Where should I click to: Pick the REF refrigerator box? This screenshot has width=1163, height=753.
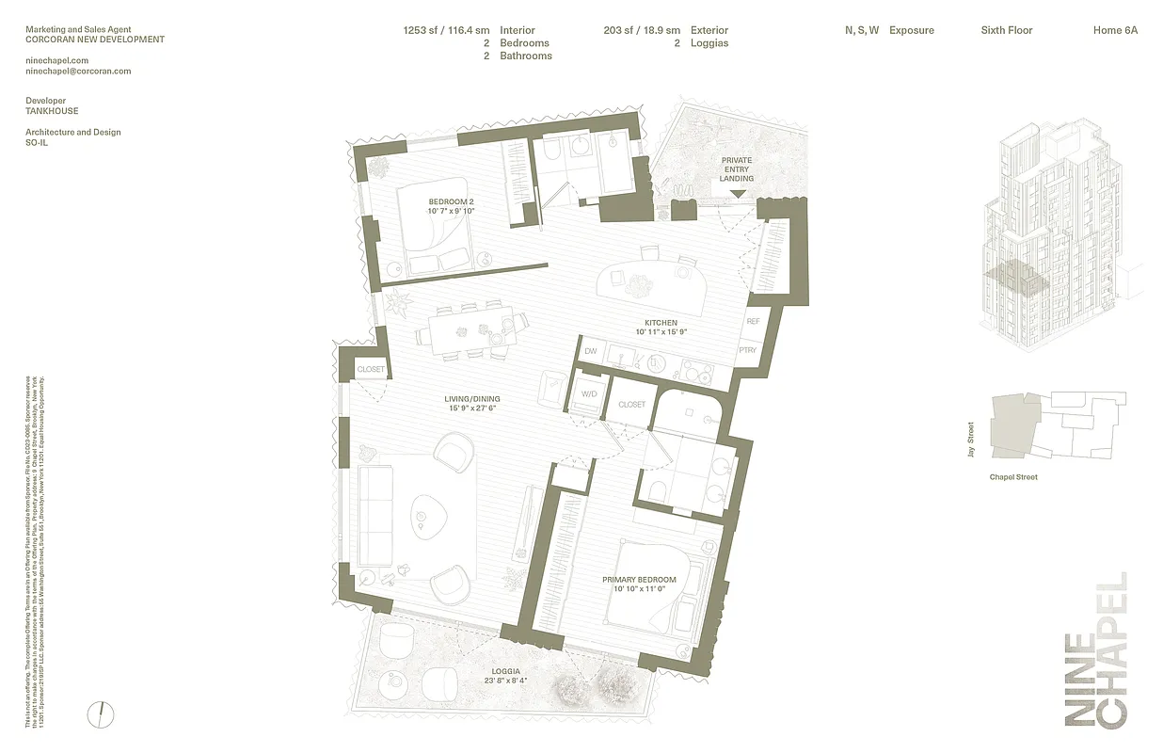coord(753,322)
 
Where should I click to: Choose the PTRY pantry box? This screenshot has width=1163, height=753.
coord(748,350)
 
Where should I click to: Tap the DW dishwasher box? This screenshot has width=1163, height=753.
coord(591,351)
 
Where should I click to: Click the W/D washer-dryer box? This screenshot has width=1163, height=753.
coord(590,394)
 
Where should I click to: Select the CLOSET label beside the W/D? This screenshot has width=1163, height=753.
coord(631,405)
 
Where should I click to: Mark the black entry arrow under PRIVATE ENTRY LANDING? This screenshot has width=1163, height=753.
coord(738,194)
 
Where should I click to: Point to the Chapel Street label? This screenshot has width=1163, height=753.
coord(1013,477)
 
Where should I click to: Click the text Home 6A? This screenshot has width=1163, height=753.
coord(1115,30)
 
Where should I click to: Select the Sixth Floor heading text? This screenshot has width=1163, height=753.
coord(1006,30)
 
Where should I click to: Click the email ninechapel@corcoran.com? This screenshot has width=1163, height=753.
coord(78,71)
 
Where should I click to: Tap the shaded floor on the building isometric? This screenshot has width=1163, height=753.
coord(1014,276)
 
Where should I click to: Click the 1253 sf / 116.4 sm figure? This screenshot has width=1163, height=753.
coord(446,30)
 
